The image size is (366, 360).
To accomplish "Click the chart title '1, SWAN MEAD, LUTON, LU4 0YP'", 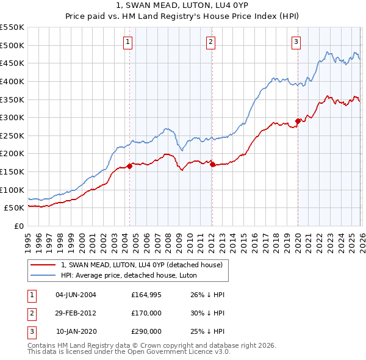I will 182,5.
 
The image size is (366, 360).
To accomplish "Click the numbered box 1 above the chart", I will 128,42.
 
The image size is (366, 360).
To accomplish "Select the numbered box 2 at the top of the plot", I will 210,42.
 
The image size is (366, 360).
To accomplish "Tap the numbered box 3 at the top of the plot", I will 296,42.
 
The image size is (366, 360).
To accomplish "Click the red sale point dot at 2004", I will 130,165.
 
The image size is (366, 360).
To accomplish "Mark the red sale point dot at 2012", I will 212,164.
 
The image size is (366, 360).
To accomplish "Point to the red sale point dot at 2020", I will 298,121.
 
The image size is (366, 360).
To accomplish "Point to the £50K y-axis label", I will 15,207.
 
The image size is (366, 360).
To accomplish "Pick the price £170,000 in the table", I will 146,313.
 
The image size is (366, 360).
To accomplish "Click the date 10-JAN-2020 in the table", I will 76,331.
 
